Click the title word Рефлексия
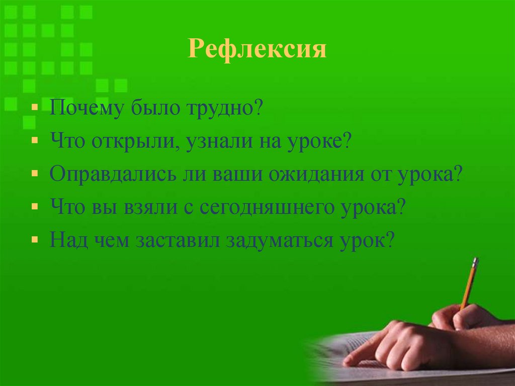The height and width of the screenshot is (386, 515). pyautogui.click(x=257, y=50)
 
